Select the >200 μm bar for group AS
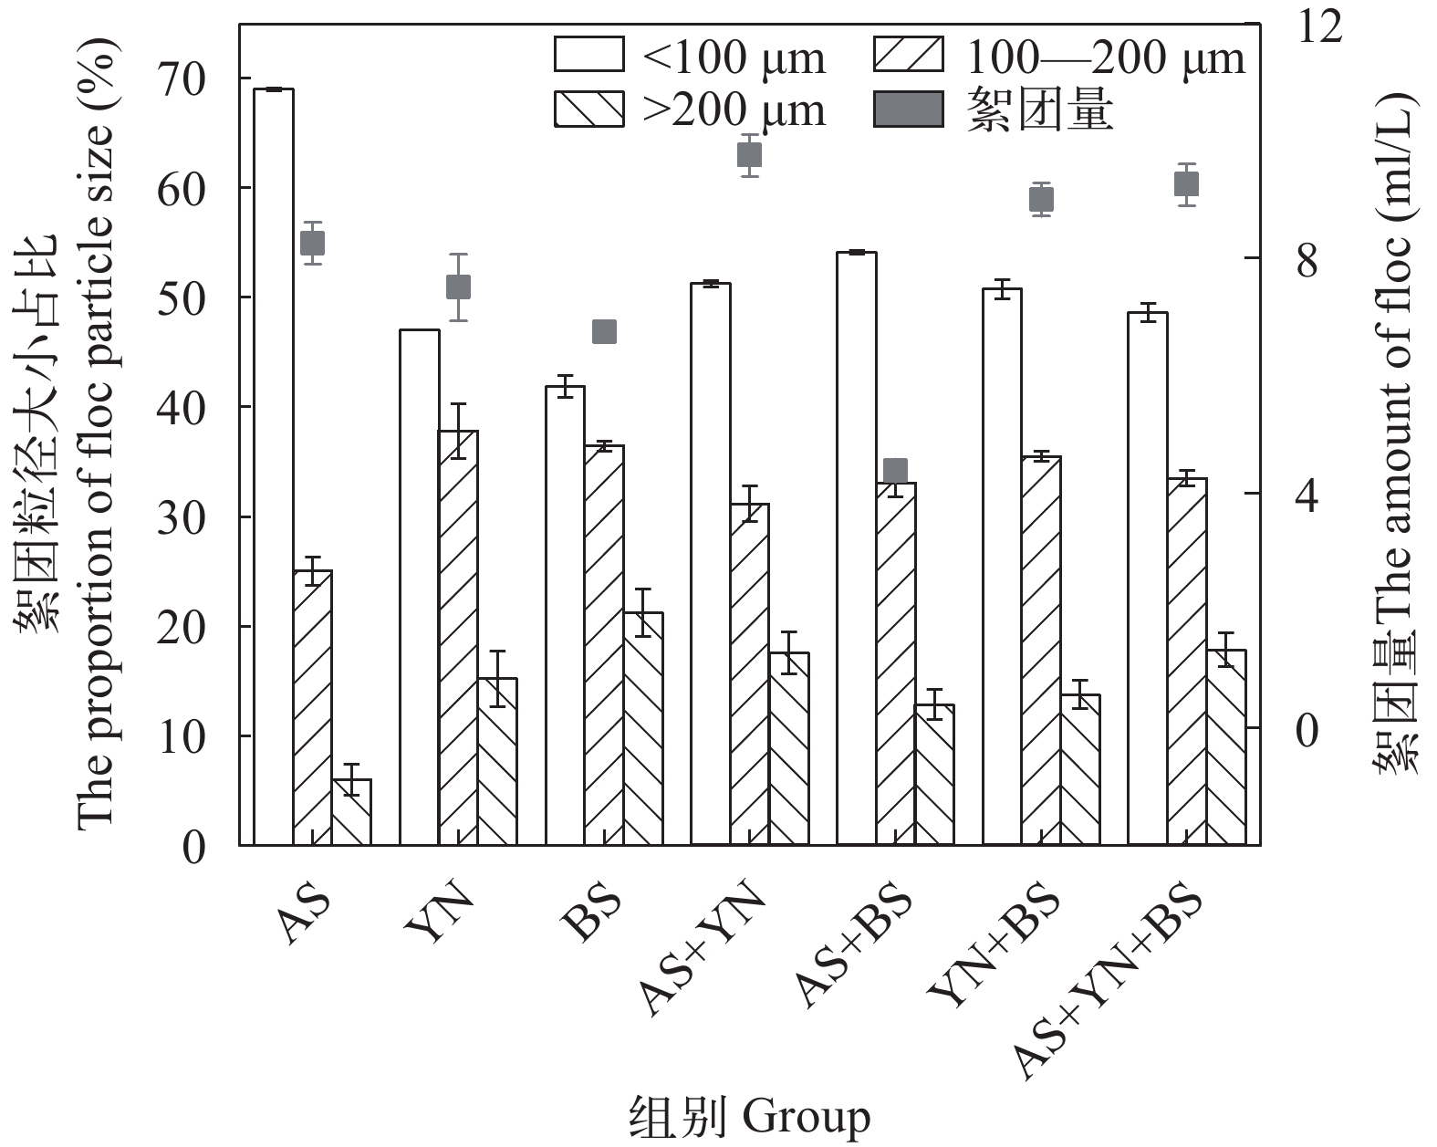[351, 812]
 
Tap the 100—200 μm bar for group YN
[458, 638]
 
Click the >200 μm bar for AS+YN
[788, 749]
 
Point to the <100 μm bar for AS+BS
[856, 548]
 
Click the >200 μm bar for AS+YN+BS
[1225, 747]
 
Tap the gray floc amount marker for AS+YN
[749, 154]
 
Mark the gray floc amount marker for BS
[604, 331]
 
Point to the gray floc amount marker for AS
[313, 244]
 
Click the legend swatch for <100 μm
[588, 55]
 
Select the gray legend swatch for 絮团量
[908, 109]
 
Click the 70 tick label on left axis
[182, 79]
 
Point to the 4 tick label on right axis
[1307, 495]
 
